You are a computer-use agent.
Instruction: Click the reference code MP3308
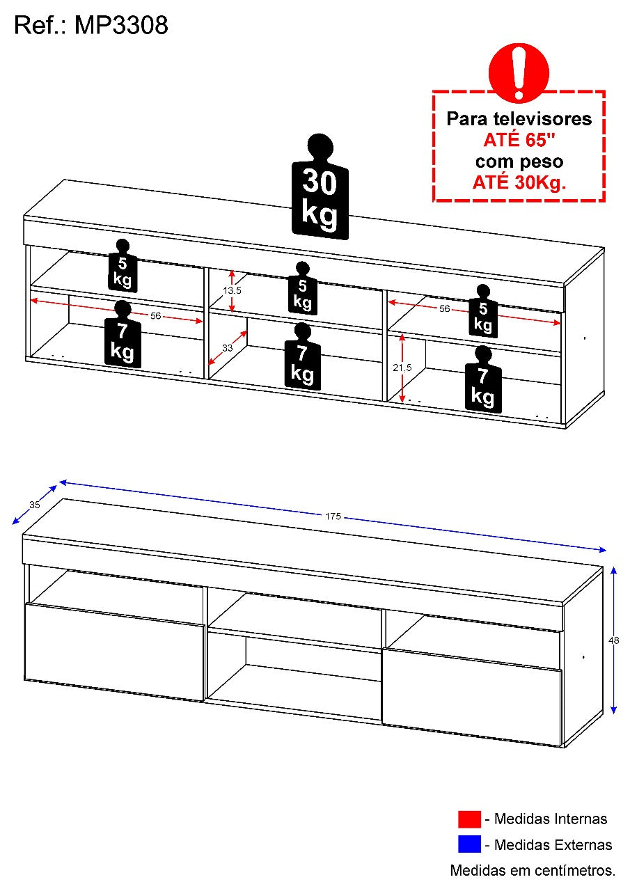(x=121, y=26)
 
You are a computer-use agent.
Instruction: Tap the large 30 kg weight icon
(x=320, y=187)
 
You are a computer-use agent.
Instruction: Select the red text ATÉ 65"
(x=519, y=140)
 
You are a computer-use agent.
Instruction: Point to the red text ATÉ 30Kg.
(x=519, y=182)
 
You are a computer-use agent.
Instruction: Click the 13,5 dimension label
(x=232, y=290)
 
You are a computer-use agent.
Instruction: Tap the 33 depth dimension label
(x=227, y=348)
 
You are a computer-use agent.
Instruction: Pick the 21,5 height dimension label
(x=402, y=368)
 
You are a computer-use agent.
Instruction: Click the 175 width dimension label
(x=333, y=517)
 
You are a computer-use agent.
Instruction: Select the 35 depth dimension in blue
(x=35, y=505)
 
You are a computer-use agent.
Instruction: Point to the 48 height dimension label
(x=614, y=640)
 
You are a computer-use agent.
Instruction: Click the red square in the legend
(x=469, y=819)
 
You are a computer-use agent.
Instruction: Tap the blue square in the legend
(x=469, y=845)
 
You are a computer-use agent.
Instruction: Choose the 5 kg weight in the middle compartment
(x=303, y=288)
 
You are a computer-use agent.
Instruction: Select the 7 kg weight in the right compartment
(x=483, y=379)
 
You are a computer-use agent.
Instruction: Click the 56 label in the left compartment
(x=155, y=316)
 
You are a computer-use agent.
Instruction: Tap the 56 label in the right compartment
(x=444, y=308)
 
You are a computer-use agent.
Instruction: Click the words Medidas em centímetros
(x=533, y=870)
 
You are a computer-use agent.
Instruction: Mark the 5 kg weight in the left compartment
(x=123, y=265)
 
